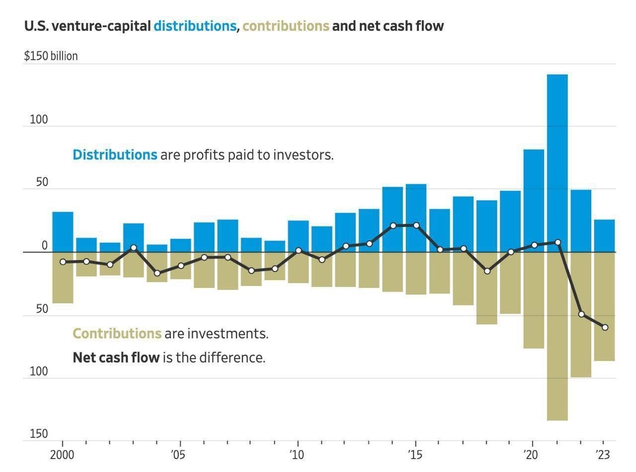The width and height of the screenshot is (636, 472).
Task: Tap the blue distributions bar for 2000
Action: tap(63, 232)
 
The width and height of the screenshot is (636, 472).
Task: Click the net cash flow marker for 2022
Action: tap(581, 314)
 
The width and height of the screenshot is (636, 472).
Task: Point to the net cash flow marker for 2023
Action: tap(605, 327)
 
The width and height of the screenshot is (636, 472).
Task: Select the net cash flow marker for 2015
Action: tap(416, 225)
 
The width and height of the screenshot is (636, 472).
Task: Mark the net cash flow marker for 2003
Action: tap(133, 247)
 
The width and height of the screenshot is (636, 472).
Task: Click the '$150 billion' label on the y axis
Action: tap(51, 56)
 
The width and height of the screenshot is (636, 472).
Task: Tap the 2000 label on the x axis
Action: tap(63, 455)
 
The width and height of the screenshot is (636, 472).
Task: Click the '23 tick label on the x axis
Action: tap(602, 455)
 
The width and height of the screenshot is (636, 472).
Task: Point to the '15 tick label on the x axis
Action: tap(414, 455)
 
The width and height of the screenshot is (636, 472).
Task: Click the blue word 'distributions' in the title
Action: tap(195, 26)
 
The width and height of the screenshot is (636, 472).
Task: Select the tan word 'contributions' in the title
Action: tap(286, 26)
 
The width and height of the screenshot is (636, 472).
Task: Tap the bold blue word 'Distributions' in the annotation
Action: tap(115, 155)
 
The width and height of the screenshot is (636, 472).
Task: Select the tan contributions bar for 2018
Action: tap(487, 288)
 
